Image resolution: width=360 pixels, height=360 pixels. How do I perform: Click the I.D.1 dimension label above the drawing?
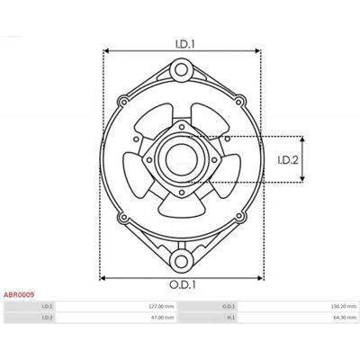coord(184,44)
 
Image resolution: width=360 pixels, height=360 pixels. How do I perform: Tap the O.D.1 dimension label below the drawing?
coord(183,284)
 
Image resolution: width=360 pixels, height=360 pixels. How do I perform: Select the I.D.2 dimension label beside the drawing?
coord(288,160)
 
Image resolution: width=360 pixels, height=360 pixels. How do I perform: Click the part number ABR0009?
coord(19,295)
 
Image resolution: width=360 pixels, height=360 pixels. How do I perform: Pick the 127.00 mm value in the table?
coord(161,307)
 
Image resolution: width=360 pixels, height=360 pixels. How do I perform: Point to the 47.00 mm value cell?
coord(163,318)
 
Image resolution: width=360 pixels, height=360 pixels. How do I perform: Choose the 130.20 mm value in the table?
coord(344,307)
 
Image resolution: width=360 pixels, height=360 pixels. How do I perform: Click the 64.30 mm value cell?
coord(346,318)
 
